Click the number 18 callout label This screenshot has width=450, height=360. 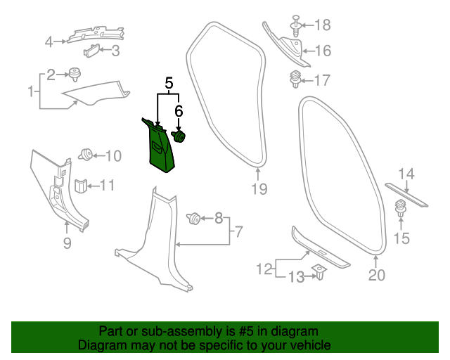tap(321, 26)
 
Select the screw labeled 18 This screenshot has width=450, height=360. tap(295, 27)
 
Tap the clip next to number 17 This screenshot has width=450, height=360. tap(296, 79)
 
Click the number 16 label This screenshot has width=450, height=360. tap(322, 51)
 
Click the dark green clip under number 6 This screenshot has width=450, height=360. tap(179, 136)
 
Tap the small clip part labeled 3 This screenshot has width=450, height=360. tap(93, 50)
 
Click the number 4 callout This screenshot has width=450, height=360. tap(49, 41)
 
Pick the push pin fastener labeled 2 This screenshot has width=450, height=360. tap(74, 72)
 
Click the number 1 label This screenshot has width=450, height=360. tap(31, 91)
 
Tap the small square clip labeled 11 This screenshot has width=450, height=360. tap(81, 186)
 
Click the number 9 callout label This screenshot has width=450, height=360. tap(67, 243)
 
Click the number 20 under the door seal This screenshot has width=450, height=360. tap(377, 275)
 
